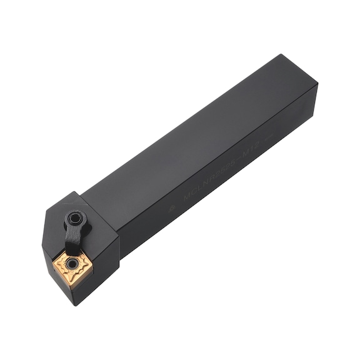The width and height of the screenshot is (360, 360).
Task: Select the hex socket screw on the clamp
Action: pyautogui.click(x=74, y=218)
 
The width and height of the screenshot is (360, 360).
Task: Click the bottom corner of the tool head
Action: pyautogui.click(x=75, y=306)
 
